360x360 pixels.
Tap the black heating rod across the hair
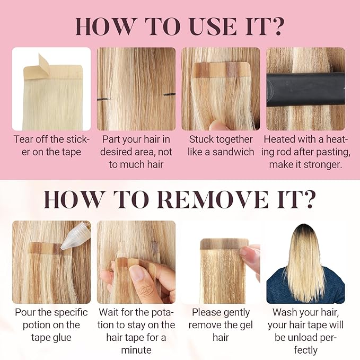tap(305, 89)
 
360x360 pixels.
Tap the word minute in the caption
tap(136, 350)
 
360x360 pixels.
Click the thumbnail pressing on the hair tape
tap(138, 273)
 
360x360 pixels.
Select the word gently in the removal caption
tap(236, 313)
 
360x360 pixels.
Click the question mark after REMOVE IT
tap(308, 199)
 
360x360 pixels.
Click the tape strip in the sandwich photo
tap(221, 71)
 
